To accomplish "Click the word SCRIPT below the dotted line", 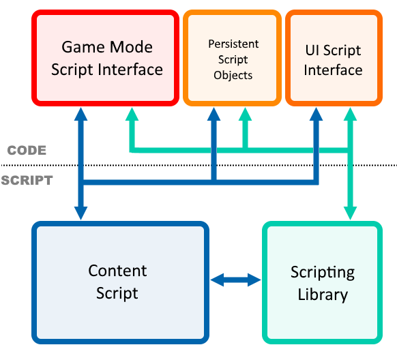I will click(x=26, y=181).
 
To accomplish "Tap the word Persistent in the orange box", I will click(x=233, y=44).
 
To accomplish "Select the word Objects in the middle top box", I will click(x=233, y=75).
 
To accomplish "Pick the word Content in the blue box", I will click(x=117, y=271).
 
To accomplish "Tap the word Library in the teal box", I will click(x=323, y=295).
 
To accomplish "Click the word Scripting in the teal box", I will click(x=323, y=273).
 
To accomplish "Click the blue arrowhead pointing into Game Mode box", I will click(x=81, y=115).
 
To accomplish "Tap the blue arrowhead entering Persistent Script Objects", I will click(x=214, y=115).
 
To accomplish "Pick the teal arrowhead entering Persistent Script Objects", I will click(x=245, y=115).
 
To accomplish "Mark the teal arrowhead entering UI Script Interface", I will click(x=351, y=115).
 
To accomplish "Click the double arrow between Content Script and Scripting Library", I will click(x=236, y=280).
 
